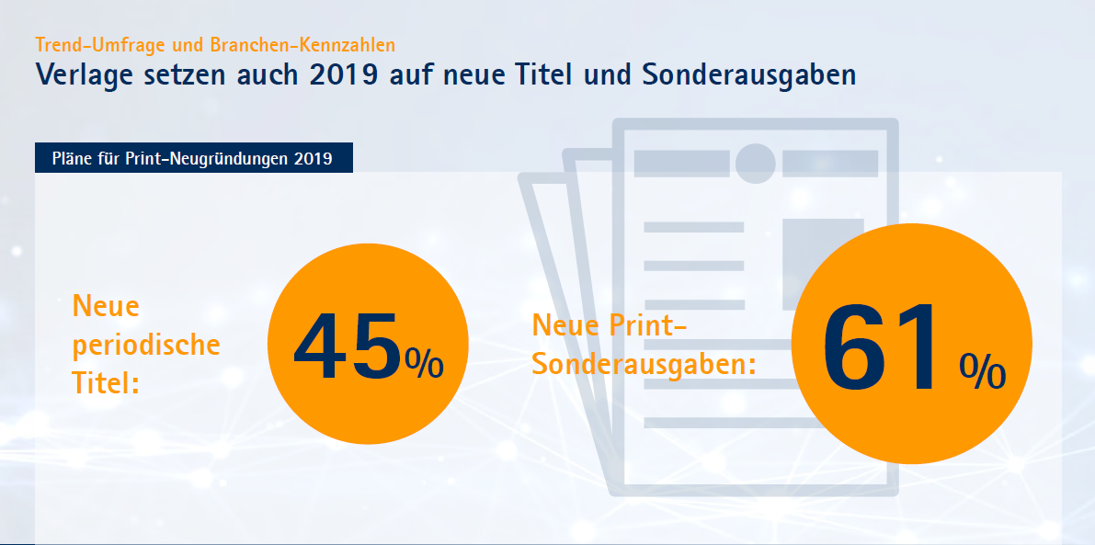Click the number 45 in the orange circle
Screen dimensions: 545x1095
click(348, 346)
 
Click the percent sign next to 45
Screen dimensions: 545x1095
click(424, 364)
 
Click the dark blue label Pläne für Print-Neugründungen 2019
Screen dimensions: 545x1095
click(193, 158)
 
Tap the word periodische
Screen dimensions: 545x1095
click(146, 345)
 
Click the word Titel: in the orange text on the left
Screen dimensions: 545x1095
click(105, 382)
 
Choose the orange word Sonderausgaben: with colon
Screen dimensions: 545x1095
click(644, 363)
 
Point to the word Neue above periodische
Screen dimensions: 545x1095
click(106, 306)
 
